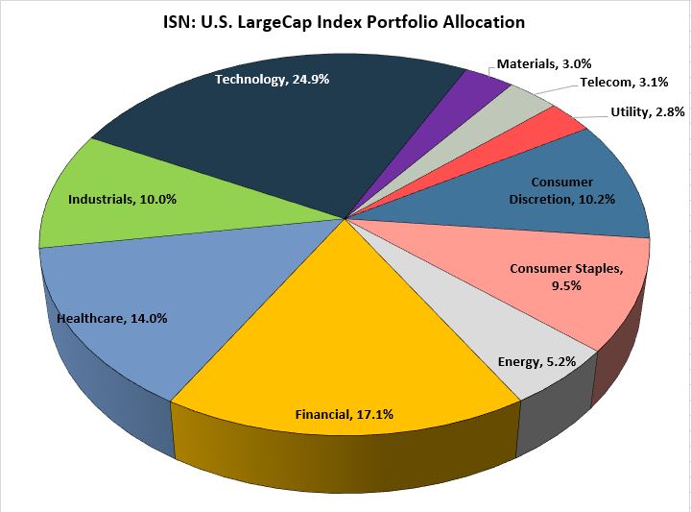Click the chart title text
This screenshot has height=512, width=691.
click(344, 21)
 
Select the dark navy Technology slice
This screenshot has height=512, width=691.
click(288, 134)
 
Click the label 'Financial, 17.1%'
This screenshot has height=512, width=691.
click(344, 414)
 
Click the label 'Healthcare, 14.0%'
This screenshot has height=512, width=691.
click(111, 318)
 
